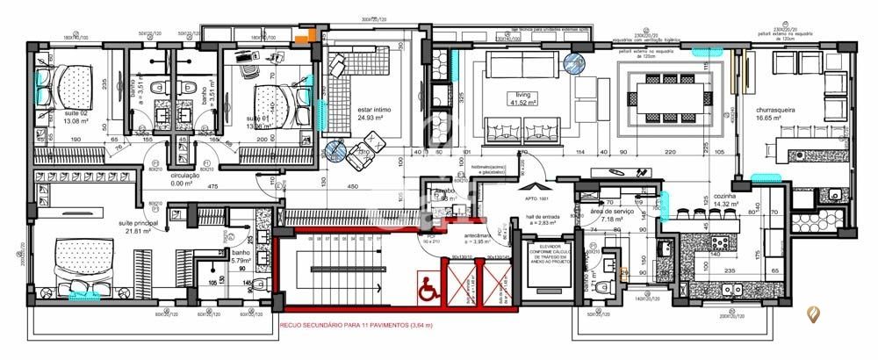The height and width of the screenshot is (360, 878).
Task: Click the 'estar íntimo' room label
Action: [374, 112]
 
